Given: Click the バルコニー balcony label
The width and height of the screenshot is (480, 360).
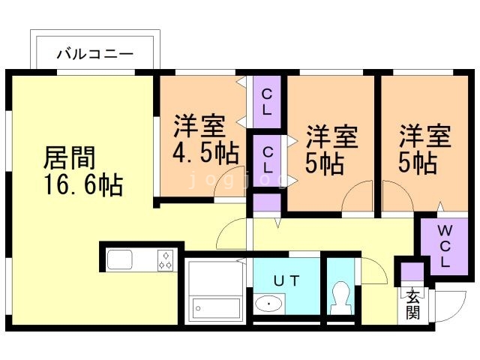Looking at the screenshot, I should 95,54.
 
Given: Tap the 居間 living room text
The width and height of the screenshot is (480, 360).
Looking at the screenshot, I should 69,158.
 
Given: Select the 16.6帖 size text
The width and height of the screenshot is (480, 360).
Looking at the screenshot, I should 73,184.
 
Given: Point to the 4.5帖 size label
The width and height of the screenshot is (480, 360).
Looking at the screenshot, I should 205,153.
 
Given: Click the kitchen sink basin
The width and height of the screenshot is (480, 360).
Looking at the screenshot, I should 120,260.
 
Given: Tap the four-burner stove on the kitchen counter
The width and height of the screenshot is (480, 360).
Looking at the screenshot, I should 166,260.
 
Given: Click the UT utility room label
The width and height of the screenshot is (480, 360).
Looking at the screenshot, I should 286,281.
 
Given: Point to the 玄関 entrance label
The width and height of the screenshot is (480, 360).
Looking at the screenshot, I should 412,304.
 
